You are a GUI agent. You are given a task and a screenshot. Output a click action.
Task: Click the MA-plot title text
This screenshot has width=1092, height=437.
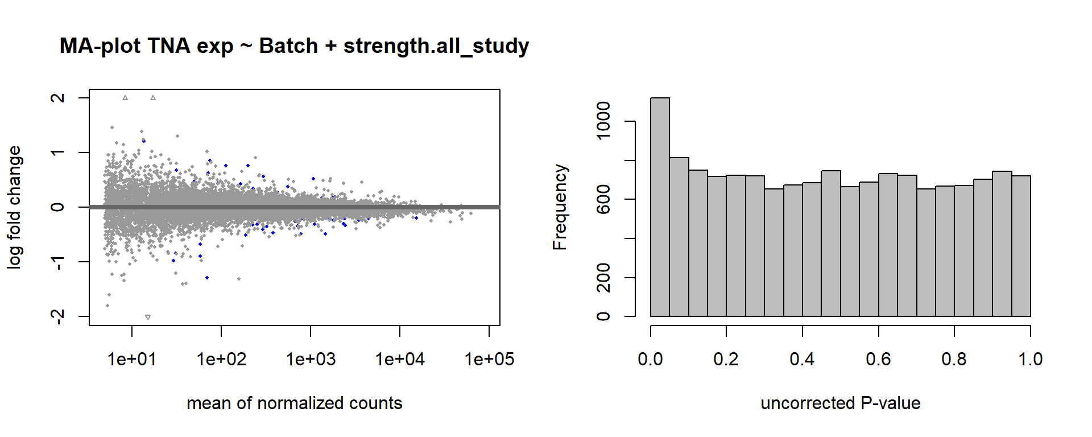click(x=294, y=46)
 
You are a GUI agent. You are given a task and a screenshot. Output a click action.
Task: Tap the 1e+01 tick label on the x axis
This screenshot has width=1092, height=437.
click(x=132, y=359)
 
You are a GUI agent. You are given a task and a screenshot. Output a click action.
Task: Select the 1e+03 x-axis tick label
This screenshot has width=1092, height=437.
click(x=311, y=359)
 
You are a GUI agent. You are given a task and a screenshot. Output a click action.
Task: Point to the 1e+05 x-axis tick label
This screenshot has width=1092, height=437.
click(x=489, y=359)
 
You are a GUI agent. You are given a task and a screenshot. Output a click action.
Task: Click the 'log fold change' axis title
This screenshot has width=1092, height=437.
click(x=14, y=207)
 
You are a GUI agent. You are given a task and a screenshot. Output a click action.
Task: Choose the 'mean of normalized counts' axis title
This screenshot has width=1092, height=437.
click(x=294, y=403)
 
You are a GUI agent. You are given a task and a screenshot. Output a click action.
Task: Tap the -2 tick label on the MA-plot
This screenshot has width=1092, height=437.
click(x=57, y=316)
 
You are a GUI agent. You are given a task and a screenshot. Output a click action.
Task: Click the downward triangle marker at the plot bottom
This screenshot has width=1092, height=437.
click(x=148, y=317)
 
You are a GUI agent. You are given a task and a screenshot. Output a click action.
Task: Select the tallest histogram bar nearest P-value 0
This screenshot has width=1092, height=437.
click(x=660, y=207)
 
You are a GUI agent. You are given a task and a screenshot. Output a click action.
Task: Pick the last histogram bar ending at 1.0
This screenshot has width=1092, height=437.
click(x=1021, y=246)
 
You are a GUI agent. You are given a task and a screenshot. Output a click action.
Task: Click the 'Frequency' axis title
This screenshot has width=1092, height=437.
click(x=560, y=207)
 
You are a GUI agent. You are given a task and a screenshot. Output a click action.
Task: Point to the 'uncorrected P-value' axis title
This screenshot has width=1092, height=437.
click(x=840, y=403)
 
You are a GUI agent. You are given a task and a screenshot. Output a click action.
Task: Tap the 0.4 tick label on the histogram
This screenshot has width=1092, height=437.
click(x=802, y=359)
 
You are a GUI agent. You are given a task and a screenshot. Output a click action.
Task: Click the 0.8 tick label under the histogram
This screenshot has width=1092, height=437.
click(x=954, y=359)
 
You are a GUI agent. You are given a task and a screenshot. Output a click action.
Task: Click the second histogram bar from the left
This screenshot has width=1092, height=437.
click(x=679, y=237)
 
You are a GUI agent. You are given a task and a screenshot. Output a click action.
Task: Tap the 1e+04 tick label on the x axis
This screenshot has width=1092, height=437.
click(x=400, y=359)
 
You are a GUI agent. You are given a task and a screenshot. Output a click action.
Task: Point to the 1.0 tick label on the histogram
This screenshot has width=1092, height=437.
click(x=1030, y=359)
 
